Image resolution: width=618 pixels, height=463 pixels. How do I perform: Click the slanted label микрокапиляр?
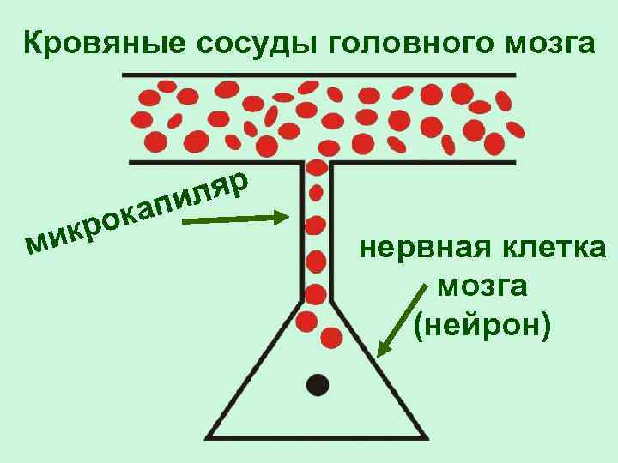point(137,212)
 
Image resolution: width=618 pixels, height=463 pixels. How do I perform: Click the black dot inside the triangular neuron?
point(318,385)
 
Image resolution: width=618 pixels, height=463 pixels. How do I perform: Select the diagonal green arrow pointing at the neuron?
point(403,317)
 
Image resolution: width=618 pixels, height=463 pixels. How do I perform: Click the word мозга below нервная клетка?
point(482,286)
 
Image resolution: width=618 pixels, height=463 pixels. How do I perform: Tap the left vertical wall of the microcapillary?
point(301,231)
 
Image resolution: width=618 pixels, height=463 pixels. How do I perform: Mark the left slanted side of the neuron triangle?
point(257,369)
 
